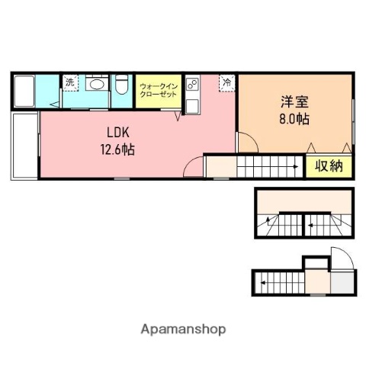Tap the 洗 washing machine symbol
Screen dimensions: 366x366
pyautogui.click(x=69, y=82)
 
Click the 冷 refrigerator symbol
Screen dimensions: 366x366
pyautogui.click(x=226, y=82)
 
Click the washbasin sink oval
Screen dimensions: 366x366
pyautogui.click(x=97, y=84)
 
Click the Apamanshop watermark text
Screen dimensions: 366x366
pyautogui.click(x=183, y=329)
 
